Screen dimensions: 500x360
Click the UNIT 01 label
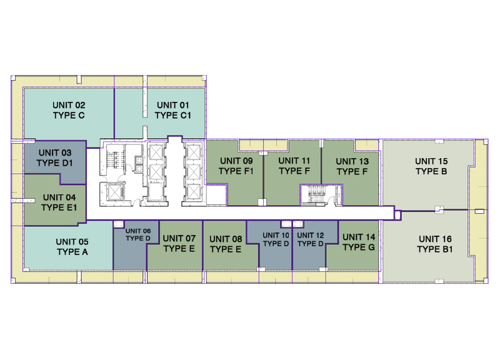173,105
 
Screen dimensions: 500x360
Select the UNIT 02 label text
69,105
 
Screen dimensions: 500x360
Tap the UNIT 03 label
55,152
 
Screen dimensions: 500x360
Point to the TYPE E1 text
59,207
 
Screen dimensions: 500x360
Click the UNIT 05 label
72,242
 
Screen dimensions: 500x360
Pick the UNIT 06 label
138,231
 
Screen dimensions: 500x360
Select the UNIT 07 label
179,238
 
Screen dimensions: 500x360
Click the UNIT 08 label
226,239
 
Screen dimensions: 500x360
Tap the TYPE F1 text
236,171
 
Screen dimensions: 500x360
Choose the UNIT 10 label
276,236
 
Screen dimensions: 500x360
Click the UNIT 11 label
294,161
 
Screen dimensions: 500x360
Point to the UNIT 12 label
310,236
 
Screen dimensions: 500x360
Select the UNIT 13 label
352,161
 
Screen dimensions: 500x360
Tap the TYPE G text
359,247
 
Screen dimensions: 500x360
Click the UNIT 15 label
431,161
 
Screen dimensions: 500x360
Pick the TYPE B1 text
435,249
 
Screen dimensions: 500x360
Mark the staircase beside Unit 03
112,159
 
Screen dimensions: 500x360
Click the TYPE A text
72,252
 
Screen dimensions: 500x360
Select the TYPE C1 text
173,115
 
